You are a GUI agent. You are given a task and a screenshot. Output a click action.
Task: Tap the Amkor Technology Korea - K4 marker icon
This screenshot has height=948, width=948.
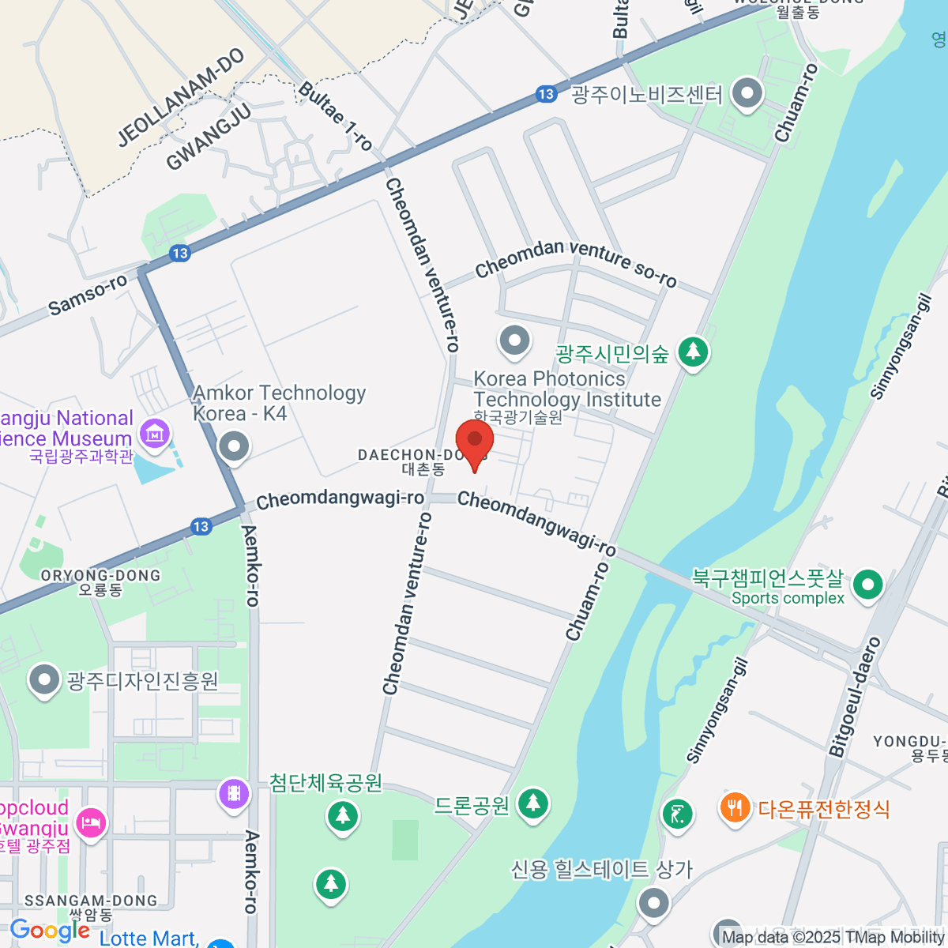(x=234, y=446)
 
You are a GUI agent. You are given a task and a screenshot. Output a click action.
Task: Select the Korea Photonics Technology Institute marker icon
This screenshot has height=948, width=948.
(x=515, y=341)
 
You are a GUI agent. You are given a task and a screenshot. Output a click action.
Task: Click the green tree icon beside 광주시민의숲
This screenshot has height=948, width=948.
(x=693, y=352)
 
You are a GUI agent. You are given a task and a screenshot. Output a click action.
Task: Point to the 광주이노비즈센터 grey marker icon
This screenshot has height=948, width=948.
(x=747, y=94)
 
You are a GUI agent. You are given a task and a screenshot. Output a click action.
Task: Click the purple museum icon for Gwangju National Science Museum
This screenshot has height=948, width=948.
(x=154, y=432)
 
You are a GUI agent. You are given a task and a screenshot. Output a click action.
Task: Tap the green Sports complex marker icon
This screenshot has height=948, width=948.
(x=868, y=585)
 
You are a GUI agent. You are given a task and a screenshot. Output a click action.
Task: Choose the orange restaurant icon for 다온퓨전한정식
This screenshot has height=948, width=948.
(x=735, y=807)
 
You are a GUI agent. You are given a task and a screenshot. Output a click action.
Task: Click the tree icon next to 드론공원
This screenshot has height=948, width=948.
(x=533, y=804)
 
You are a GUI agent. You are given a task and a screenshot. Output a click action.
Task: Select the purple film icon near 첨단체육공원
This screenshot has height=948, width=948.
(x=234, y=792)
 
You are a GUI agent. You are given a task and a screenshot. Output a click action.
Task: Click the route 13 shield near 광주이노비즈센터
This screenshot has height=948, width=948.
(x=546, y=94)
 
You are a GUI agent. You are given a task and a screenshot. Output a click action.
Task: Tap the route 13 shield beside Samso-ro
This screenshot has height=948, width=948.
(x=180, y=253)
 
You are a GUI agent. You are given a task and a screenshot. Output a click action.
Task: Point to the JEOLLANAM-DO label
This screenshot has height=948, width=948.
(x=181, y=98)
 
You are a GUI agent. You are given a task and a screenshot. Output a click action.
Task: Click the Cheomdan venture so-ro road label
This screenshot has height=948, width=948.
(x=576, y=261)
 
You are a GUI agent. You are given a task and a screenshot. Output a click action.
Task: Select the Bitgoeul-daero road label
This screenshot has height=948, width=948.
(x=856, y=696)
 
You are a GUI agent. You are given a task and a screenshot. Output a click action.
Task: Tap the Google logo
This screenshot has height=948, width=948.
(x=49, y=931)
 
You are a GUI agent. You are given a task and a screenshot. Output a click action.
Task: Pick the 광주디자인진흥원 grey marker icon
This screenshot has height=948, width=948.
(x=44, y=680)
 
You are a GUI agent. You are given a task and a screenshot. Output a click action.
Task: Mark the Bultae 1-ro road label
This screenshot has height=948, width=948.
(x=335, y=115)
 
